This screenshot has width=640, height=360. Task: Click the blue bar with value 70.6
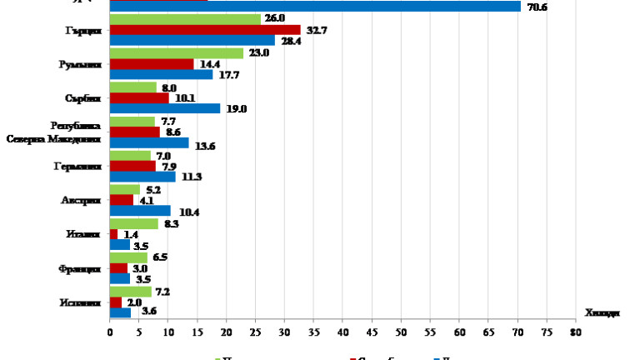[315, 6]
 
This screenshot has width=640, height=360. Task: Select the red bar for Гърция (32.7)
[205, 29]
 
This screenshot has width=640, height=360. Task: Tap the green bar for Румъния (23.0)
[177, 52]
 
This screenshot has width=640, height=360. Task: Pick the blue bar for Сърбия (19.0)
[165, 108]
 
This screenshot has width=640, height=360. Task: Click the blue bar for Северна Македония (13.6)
[149, 142]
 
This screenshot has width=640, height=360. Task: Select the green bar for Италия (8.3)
[134, 223]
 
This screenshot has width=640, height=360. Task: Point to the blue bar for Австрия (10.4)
[140, 211]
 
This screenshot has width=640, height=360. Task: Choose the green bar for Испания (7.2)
[131, 292]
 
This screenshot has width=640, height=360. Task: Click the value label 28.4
[289, 41]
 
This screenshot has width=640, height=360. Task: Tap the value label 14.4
[207, 64]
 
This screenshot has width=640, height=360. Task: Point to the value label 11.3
[191, 177]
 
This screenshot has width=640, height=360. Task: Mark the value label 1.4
[132, 235]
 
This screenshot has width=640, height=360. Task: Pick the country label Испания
[82, 302]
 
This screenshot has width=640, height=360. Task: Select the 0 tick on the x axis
[110, 331]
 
